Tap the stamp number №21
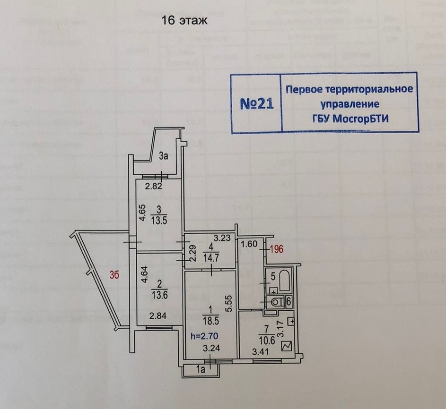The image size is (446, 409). (x=257, y=103)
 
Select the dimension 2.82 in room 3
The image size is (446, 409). (x=154, y=186)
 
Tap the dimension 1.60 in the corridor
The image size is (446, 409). (x=250, y=244)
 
